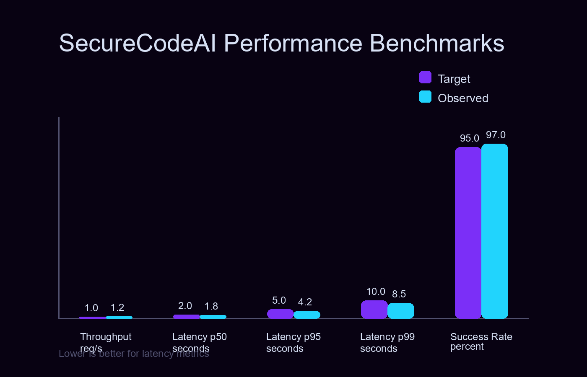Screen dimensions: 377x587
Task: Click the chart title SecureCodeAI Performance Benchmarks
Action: pyautogui.click(x=281, y=43)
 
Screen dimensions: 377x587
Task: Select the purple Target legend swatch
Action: pyautogui.click(x=425, y=77)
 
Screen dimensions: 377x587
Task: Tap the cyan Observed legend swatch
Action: pyautogui.click(x=425, y=97)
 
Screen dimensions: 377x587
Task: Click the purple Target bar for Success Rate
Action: pyautogui.click(x=468, y=232)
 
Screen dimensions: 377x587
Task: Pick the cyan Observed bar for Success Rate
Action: pyautogui.click(x=495, y=231)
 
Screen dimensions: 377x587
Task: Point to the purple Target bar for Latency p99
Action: pyautogui.click(x=374, y=310)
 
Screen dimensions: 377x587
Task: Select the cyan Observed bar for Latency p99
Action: pyautogui.click(x=400, y=311)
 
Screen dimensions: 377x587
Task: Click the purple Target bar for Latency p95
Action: pyautogui.click(x=280, y=314)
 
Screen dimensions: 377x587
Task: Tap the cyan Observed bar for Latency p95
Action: pyautogui.click(x=306, y=315)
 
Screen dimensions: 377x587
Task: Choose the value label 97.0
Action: pyautogui.click(x=496, y=135)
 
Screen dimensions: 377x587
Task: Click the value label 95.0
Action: pyautogui.click(x=469, y=138)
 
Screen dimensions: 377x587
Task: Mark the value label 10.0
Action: pyautogui.click(x=376, y=292)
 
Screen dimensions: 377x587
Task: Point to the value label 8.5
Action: pyautogui.click(x=399, y=294)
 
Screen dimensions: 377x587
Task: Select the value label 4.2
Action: pyautogui.click(x=305, y=302)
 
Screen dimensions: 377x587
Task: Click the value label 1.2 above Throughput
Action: pyautogui.click(x=117, y=307)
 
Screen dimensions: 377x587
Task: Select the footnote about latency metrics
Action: pyautogui.click(x=134, y=354)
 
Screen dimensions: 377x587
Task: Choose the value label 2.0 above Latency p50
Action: pyautogui.click(x=185, y=306)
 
